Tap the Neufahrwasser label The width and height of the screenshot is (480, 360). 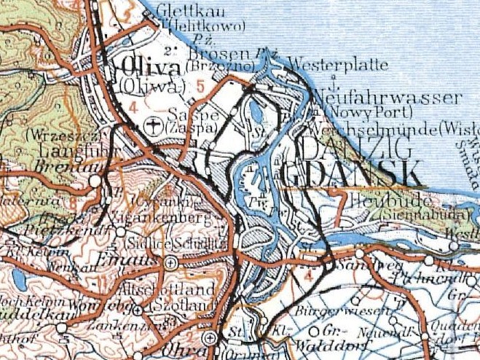tap(389, 98)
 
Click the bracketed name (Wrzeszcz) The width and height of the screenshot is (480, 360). tap(52, 136)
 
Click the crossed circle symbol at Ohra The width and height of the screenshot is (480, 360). tap(211, 338)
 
